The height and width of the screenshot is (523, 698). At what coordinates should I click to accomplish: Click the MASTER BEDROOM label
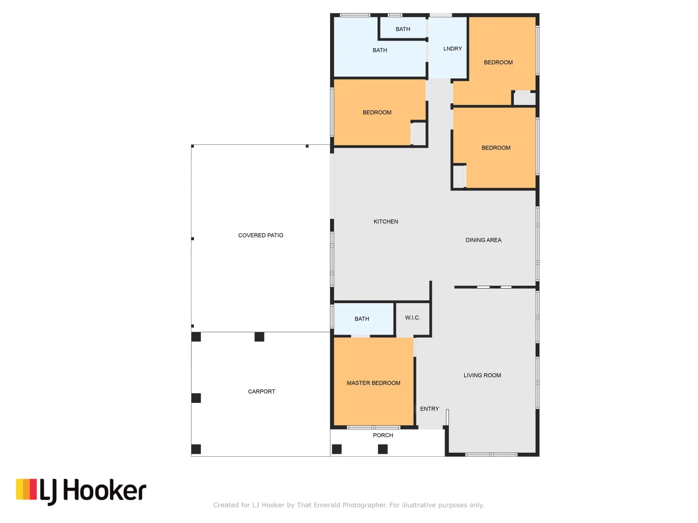(373, 383)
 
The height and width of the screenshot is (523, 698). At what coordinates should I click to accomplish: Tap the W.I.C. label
(412, 318)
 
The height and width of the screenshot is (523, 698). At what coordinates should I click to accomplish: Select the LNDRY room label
(452, 49)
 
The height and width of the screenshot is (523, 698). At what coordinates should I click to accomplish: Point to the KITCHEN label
(386, 222)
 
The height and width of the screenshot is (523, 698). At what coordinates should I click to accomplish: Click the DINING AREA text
(483, 240)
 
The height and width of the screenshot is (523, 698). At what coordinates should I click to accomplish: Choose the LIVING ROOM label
(482, 375)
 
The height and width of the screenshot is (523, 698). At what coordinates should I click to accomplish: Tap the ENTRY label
(429, 409)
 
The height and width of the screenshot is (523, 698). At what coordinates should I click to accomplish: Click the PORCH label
(383, 435)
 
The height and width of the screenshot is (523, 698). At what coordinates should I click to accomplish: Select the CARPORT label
(261, 392)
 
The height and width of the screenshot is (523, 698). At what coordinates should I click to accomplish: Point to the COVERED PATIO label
(261, 235)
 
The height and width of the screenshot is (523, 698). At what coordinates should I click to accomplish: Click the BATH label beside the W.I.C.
(362, 319)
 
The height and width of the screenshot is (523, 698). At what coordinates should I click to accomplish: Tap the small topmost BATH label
(403, 29)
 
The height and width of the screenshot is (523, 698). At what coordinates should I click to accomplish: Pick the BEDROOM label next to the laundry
(498, 62)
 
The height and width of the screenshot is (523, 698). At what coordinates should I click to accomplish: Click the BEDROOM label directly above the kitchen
(377, 112)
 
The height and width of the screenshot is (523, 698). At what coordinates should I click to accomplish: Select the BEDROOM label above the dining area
(496, 148)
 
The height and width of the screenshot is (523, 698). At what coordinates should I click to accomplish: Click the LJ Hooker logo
(81, 491)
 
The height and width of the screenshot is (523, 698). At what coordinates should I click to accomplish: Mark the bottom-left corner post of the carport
(196, 449)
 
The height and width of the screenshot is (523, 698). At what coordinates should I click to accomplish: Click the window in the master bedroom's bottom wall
(373, 428)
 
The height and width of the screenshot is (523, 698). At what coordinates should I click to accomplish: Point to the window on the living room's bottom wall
(491, 455)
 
